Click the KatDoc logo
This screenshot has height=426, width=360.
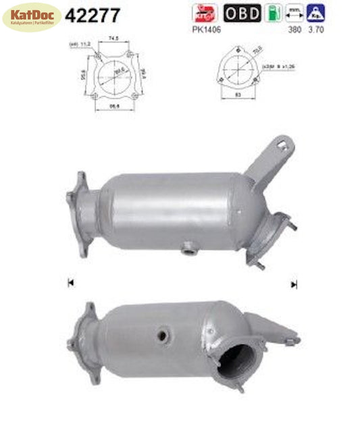32,16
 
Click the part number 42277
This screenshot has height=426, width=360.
92,15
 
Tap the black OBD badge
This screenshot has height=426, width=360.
242,12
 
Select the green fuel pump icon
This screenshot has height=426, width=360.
272,12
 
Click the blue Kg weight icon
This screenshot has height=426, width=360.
314,12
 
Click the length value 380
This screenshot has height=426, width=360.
294,30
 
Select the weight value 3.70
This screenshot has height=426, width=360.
314,30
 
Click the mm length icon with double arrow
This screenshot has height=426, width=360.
293,12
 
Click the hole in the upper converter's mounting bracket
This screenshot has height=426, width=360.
283,144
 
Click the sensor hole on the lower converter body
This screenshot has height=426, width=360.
162,334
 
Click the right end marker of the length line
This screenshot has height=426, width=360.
294,284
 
